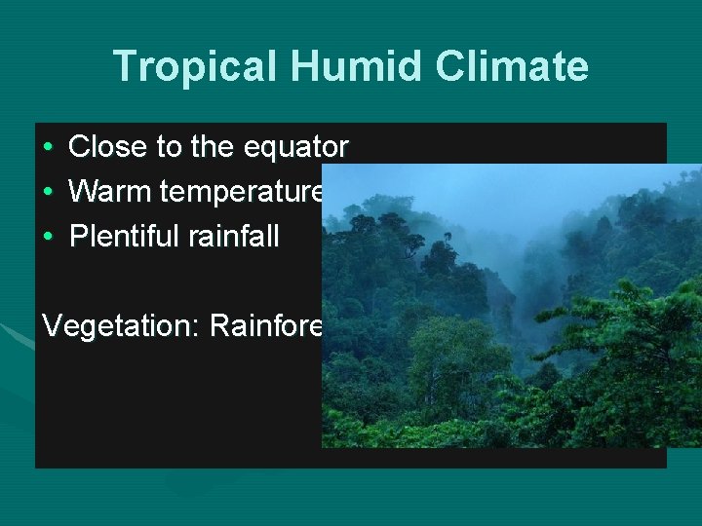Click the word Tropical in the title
(x=195, y=67)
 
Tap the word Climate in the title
(x=513, y=67)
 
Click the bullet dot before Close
(x=48, y=147)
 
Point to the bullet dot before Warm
(x=48, y=192)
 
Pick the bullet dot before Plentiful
(x=48, y=237)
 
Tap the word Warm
(x=110, y=192)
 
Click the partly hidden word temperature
(x=241, y=192)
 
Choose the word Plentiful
(x=119, y=237)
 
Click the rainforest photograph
(x=511, y=321)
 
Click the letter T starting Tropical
(x=125, y=67)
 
